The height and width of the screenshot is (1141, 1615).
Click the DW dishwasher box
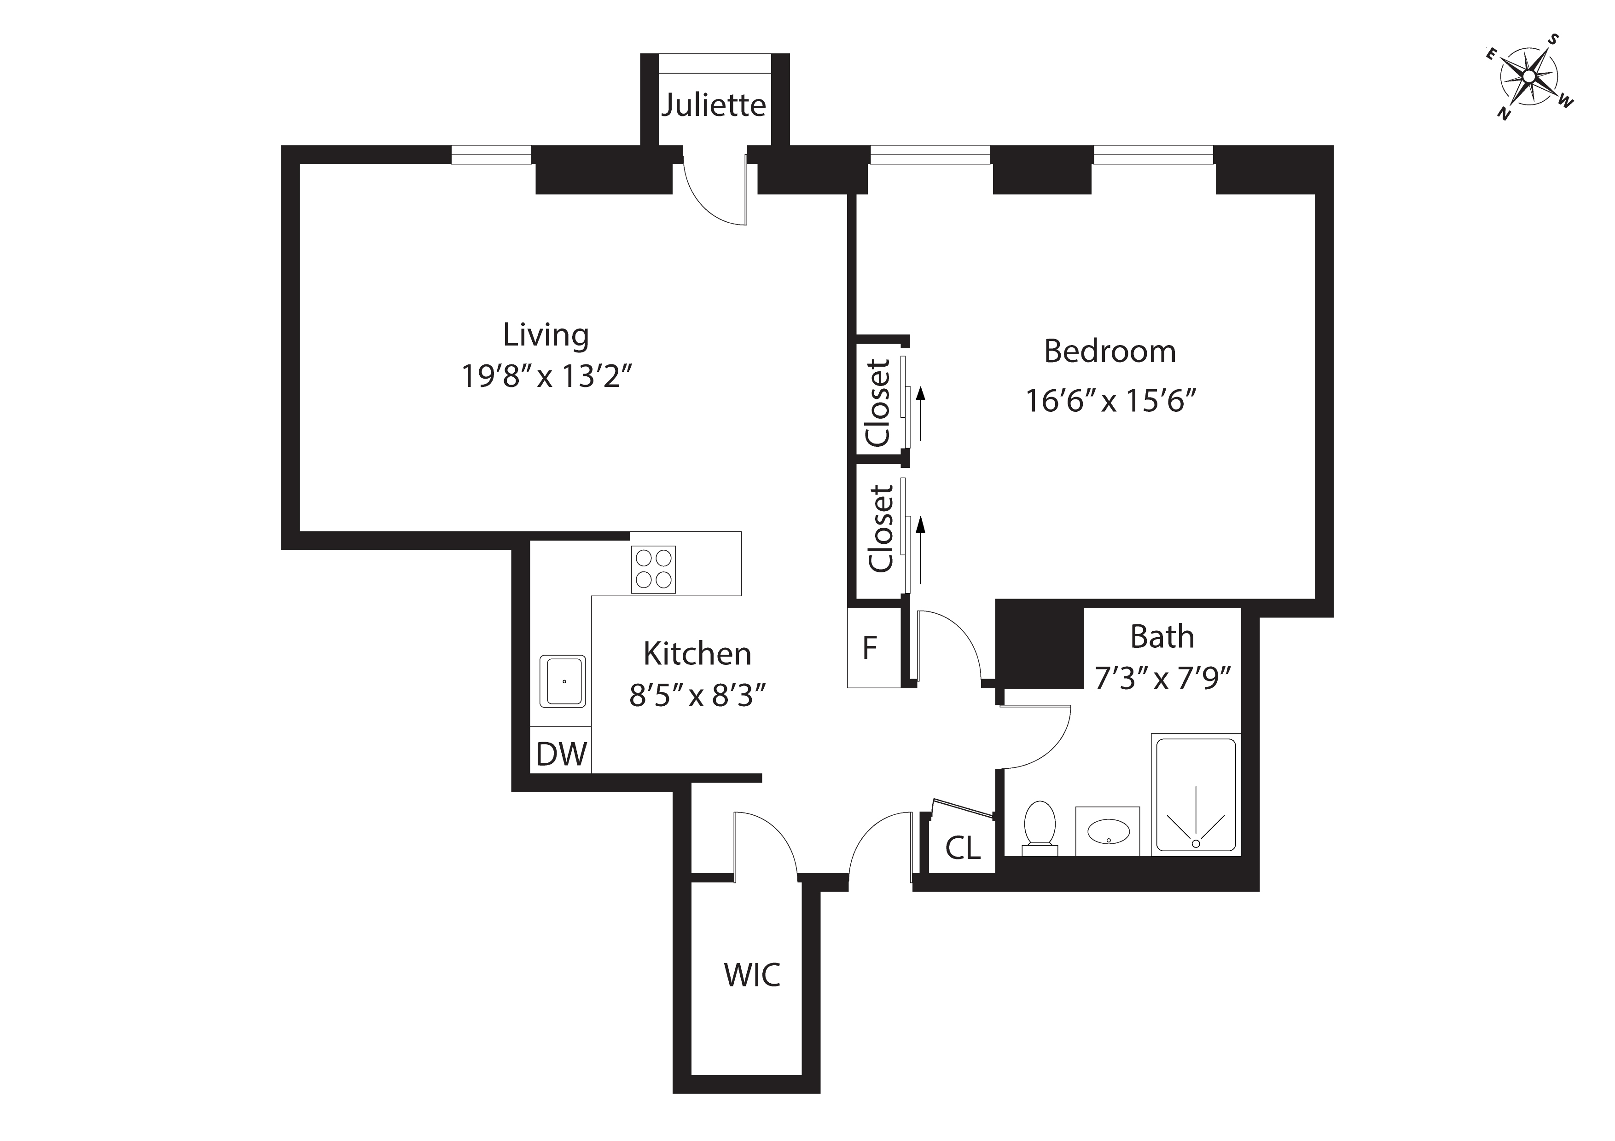(561, 755)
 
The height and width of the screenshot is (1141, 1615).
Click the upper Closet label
(878, 403)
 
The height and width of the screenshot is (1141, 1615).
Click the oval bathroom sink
(1108, 832)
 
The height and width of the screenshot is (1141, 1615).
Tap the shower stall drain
(1196, 843)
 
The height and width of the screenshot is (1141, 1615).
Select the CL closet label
(962, 848)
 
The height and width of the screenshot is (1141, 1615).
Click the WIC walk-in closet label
(752, 975)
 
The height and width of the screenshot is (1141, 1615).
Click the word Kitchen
(697, 654)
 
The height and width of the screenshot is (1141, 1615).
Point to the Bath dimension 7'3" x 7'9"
(1162, 679)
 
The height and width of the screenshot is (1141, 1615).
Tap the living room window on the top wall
(491, 154)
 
